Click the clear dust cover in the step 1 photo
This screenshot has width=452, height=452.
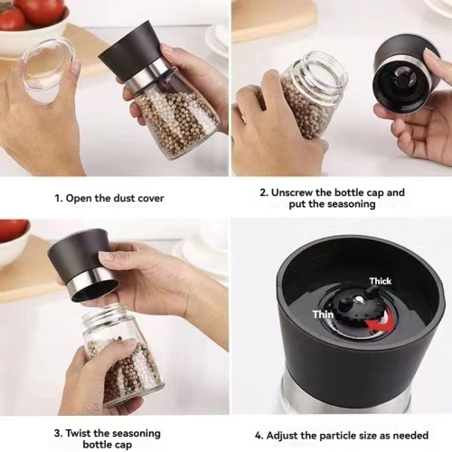point(46,63)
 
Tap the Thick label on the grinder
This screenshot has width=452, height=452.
point(380,281)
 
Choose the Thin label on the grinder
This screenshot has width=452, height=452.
point(324,314)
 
